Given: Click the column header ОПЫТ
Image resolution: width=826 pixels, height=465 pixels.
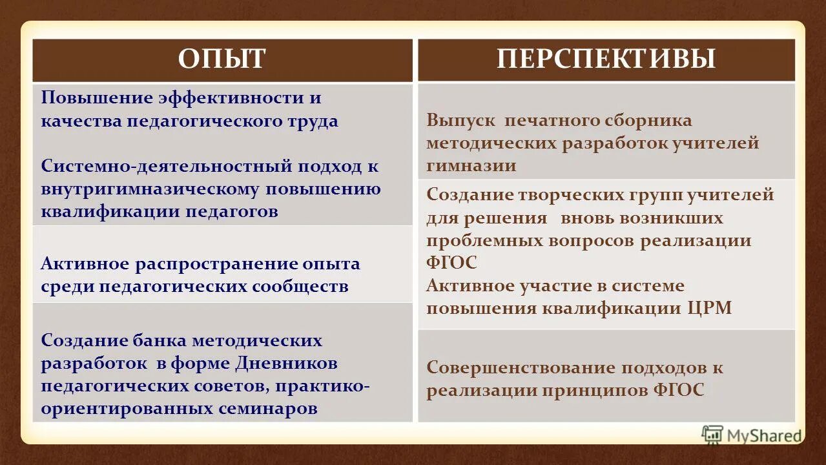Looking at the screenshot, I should point(222,59).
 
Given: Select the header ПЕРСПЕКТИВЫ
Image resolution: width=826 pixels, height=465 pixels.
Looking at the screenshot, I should point(606,59).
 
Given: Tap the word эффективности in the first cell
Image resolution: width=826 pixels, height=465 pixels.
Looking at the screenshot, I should point(231,98).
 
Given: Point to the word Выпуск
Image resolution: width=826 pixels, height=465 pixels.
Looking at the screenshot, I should point(460,120).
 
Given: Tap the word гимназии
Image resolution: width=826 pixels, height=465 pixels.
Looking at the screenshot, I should point(471,165).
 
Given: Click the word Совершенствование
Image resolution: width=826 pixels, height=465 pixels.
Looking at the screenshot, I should point(519,367).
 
